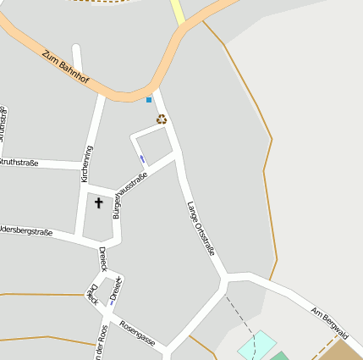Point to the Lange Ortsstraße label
[201, 227]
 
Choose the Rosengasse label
[137, 333]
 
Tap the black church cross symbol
[98, 203]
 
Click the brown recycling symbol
[161, 119]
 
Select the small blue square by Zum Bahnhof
[149, 100]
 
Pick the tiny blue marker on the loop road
[142, 158]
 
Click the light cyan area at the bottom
[257, 345]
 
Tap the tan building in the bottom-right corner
[344, 352]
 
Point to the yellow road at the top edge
[178, 11]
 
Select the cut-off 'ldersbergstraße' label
[26, 231]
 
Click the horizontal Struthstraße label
[19, 163]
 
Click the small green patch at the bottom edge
[279, 356]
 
